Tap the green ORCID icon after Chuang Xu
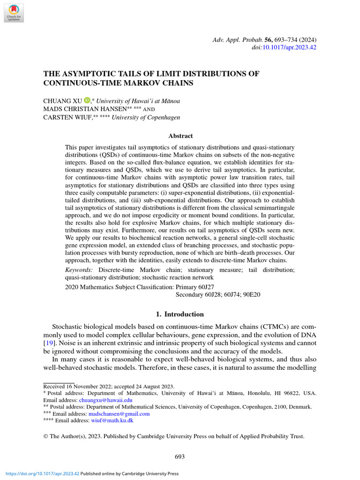[x=87, y=101]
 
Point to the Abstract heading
[x=180, y=136]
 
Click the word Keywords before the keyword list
[x=79, y=270]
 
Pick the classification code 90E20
[x=251, y=295]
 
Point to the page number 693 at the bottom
[x=180, y=457]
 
